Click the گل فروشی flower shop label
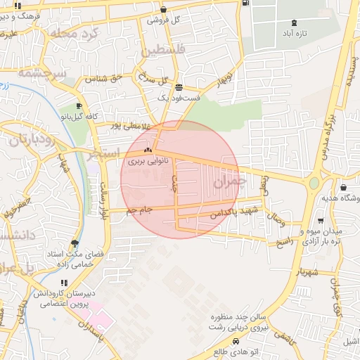[x=163, y=20]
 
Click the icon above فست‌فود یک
[x=179, y=88]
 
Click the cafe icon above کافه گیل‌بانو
[x=79, y=105]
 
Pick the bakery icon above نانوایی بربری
[x=148, y=150]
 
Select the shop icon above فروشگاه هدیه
[x=343, y=188]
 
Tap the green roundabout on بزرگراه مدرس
[x=314, y=183]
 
